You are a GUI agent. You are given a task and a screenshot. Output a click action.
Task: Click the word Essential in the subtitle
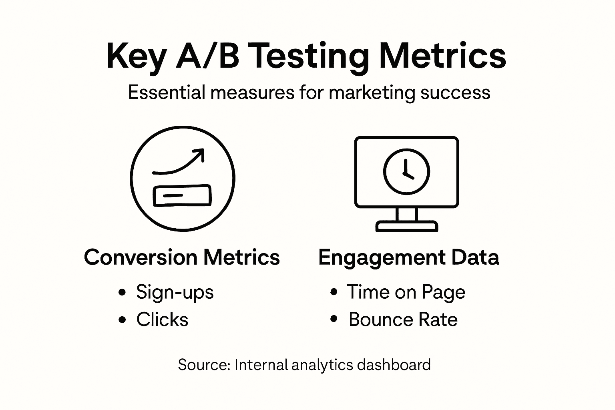[x=167, y=92]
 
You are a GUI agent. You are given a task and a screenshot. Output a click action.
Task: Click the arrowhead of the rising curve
[x=200, y=154]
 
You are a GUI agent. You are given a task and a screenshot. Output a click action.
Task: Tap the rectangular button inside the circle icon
[x=182, y=195]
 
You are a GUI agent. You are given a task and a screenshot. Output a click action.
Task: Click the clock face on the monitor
[x=406, y=172]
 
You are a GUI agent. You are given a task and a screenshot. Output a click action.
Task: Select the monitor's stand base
[x=407, y=226]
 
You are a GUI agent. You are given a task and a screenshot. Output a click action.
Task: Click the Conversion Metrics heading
[x=182, y=257]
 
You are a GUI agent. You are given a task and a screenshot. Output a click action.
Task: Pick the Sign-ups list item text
[x=175, y=292]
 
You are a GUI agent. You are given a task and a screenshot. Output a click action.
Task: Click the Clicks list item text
[x=162, y=320]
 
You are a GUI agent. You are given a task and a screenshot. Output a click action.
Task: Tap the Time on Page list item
[x=406, y=292]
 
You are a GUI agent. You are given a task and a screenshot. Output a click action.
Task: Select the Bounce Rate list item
[x=403, y=320]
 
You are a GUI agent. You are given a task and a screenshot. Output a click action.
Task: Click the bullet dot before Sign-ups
[x=122, y=292]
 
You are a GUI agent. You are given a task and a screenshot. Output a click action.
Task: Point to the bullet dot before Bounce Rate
[x=334, y=319]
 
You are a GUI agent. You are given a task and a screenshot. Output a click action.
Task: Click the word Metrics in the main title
[x=442, y=56]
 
